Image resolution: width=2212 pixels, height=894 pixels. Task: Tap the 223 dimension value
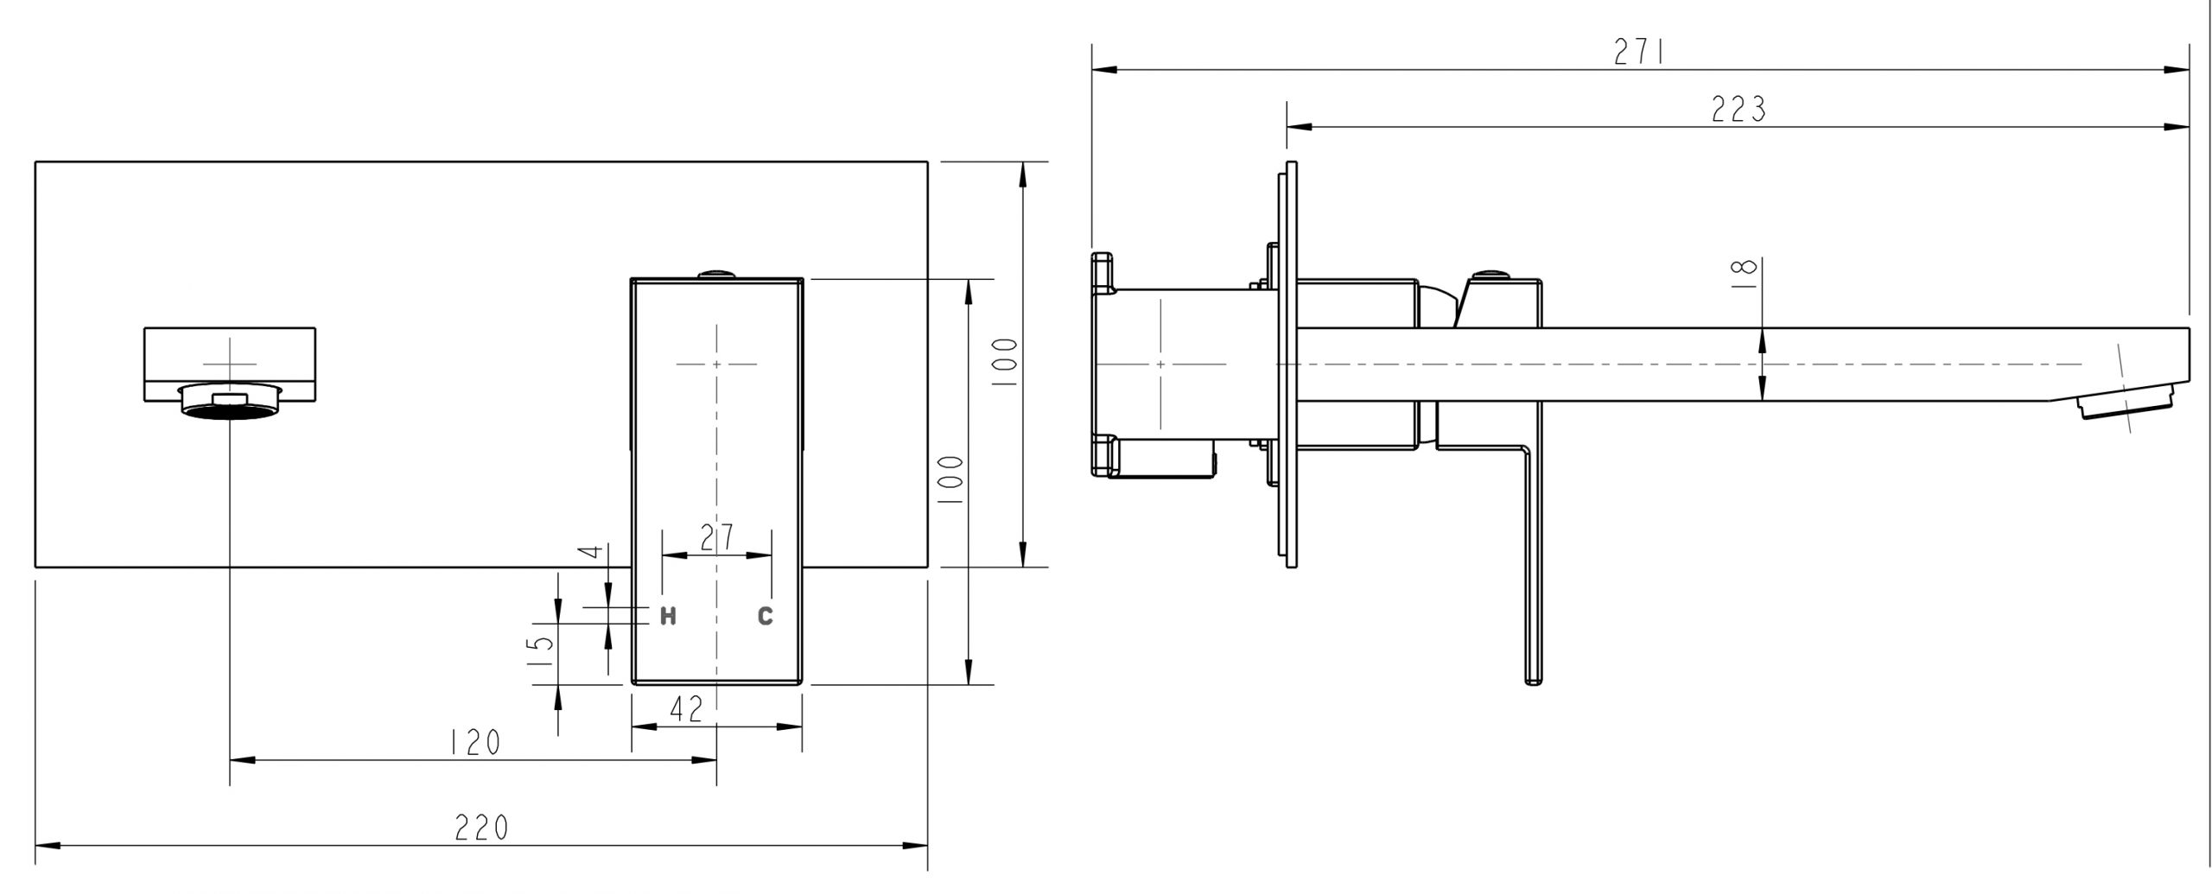point(1738,110)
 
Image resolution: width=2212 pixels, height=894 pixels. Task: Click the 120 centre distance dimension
point(474,742)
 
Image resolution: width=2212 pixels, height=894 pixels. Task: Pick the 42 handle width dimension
point(687,709)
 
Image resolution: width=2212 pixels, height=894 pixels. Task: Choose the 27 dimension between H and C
point(716,537)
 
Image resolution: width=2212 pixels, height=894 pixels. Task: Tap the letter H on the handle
point(668,616)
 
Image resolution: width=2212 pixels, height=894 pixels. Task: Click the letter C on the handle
point(765,616)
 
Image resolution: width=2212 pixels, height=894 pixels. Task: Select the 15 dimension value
point(540,654)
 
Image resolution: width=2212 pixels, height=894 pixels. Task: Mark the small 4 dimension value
point(590,550)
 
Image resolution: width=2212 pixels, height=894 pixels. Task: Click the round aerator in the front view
point(229,403)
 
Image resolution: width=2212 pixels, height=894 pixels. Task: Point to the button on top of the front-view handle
point(716,274)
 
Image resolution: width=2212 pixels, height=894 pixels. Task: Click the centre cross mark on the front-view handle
point(716,364)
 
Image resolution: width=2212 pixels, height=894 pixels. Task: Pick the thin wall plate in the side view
point(1291,364)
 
